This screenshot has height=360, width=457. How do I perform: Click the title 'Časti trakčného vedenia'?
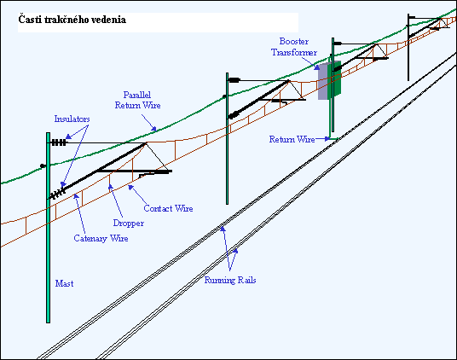pyautogui.click(x=72, y=20)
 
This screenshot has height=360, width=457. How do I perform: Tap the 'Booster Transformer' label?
pyautogui.click(x=294, y=47)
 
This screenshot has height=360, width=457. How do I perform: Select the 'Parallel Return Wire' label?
pyautogui.click(x=137, y=100)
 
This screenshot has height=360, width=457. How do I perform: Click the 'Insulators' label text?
pyautogui.click(x=72, y=119)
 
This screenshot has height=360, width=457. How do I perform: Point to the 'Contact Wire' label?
pyautogui.click(x=168, y=208)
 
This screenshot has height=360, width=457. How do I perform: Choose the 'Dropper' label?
pyautogui.click(x=129, y=223)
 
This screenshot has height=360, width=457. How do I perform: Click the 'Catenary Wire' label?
pyautogui.click(x=101, y=238)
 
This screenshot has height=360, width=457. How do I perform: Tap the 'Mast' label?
pyautogui.click(x=65, y=283)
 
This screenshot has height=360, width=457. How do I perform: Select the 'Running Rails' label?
pyautogui.click(x=230, y=280)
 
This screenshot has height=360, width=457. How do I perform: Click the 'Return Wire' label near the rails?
pyautogui.click(x=292, y=139)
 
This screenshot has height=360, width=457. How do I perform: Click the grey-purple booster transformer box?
pyautogui.click(x=322, y=81)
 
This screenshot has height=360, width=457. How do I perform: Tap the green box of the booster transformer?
pyautogui.click(x=334, y=78)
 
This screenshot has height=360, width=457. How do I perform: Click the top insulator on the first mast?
pyautogui.click(x=59, y=142)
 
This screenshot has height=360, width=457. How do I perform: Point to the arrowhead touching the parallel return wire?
pyautogui.click(x=153, y=128)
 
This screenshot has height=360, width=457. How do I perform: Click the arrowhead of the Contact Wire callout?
pyautogui.click(x=131, y=188)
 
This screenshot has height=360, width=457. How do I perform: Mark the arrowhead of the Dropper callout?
pyautogui.click(x=111, y=187)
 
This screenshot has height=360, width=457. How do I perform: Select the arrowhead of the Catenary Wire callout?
pyautogui.click(x=76, y=197)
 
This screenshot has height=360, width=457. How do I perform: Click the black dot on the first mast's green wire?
pyautogui.click(x=43, y=165)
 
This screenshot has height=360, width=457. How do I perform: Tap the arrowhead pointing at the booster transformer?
pyautogui.click(x=316, y=67)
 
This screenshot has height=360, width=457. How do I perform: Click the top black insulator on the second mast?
pyautogui.click(x=234, y=80)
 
